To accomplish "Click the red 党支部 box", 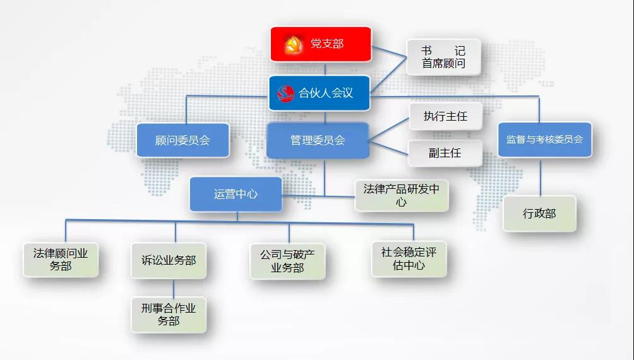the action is pyautogui.click(x=321, y=44).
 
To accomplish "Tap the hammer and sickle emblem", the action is pyautogui.click(x=293, y=44).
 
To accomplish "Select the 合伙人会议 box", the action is pyautogui.click(x=320, y=93).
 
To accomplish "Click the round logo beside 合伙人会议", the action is pyautogui.click(x=286, y=93).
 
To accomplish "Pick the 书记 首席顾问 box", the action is pyautogui.click(x=443, y=57).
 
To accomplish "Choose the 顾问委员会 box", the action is pyautogui.click(x=182, y=140).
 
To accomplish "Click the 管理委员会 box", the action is pyautogui.click(x=318, y=140).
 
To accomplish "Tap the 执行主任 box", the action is pyautogui.click(x=446, y=116).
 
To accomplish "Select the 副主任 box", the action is pyautogui.click(x=445, y=153).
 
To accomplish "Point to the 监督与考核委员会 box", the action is pyautogui.click(x=544, y=140).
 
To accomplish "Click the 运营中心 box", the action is pyautogui.click(x=236, y=194).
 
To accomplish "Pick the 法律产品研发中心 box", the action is pyautogui.click(x=402, y=195).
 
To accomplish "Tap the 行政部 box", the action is pyautogui.click(x=539, y=213).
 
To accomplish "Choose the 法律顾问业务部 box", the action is pyautogui.click(x=61, y=260).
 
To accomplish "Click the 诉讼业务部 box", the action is pyautogui.click(x=169, y=260).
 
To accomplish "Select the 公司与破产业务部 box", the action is pyautogui.click(x=287, y=261).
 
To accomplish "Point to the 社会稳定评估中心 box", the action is pyautogui.click(x=409, y=259).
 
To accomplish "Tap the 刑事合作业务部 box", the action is pyautogui.click(x=169, y=315).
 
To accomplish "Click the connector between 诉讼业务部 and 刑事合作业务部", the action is pyautogui.click(x=174, y=287).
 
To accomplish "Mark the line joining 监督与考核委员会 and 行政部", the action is pyautogui.click(x=541, y=177).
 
